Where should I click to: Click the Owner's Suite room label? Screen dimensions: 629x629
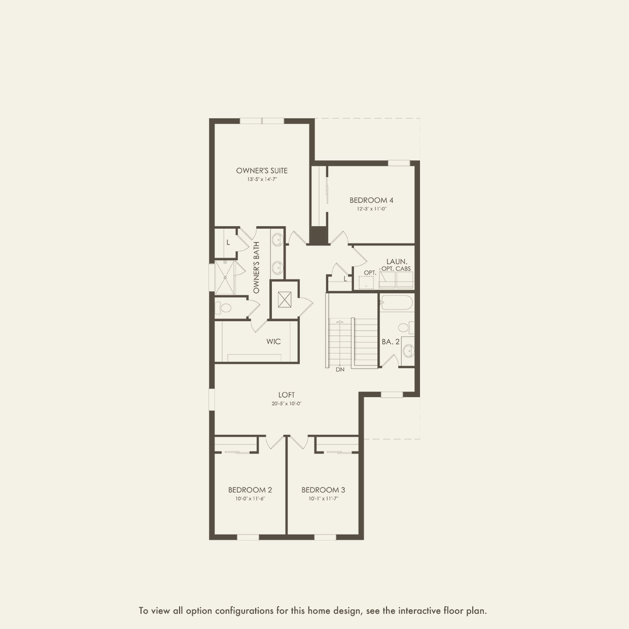pyautogui.click(x=262, y=170)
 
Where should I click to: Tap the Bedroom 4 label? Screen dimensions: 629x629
pyautogui.click(x=371, y=200)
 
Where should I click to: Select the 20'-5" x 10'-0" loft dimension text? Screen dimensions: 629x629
pyautogui.click(x=286, y=403)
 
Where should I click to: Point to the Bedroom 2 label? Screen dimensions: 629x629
pyautogui.click(x=250, y=490)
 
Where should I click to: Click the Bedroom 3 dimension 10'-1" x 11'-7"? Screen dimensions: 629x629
pyautogui.click(x=324, y=499)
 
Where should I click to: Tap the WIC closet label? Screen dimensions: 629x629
pyautogui.click(x=273, y=341)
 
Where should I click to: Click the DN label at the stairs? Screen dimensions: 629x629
pyautogui.click(x=340, y=369)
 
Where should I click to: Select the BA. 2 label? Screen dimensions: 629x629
pyautogui.click(x=391, y=341)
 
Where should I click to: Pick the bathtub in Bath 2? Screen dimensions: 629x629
pyautogui.click(x=397, y=302)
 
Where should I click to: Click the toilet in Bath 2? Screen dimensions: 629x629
pyautogui.click(x=406, y=327)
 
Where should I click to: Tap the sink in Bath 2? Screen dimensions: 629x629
pyautogui.click(x=408, y=351)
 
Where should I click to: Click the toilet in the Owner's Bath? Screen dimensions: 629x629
pyautogui.click(x=223, y=307)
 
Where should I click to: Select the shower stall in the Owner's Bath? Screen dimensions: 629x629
pyautogui.click(x=225, y=277)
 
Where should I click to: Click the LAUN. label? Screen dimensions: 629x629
pyautogui.click(x=397, y=261)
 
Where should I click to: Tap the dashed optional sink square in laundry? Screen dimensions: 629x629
pyautogui.click(x=366, y=283)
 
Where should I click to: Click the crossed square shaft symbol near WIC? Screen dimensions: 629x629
pyautogui.click(x=284, y=299)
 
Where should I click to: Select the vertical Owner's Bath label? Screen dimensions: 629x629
pyautogui.click(x=256, y=267)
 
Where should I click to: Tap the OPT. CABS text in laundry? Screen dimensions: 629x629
pyautogui.click(x=396, y=269)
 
